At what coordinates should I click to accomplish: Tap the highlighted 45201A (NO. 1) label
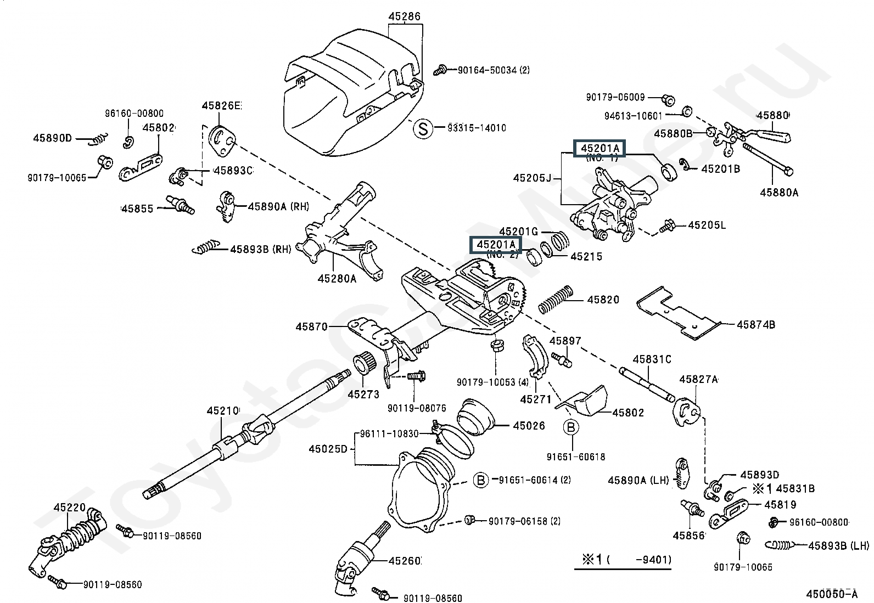coord(600,148)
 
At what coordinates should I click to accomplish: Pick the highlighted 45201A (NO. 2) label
coord(496,245)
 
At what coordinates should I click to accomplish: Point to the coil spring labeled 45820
coord(555,300)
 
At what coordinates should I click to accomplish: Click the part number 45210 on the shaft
coord(223,411)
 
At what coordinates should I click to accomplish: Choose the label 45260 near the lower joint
coord(405,561)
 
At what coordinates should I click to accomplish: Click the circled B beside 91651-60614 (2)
coord(481,480)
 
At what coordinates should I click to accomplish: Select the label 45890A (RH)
coord(278,206)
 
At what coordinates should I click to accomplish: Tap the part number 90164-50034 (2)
coord(494,70)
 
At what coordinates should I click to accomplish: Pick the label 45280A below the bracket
coord(337,278)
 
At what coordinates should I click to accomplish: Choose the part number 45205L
coord(707,224)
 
